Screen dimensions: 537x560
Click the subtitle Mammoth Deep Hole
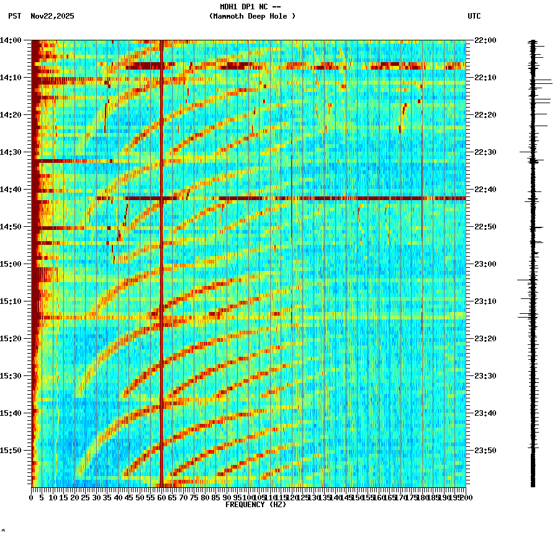(252, 16)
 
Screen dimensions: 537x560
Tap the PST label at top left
(14, 16)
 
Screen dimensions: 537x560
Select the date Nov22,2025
(52, 16)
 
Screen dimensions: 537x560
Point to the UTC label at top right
(474, 16)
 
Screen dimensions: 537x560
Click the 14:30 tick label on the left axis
(12, 152)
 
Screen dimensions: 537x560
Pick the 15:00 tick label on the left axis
(12, 264)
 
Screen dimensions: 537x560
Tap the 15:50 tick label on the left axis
(12, 451)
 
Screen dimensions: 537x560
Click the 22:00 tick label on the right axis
(484, 40)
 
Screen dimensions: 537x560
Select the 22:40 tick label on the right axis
(484, 190)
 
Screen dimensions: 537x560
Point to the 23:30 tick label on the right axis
(484, 376)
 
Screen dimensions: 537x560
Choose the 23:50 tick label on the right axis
(484, 451)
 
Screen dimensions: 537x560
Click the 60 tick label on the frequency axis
(161, 498)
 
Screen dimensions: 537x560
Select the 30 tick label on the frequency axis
(96, 498)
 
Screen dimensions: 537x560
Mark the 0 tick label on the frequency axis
(32, 498)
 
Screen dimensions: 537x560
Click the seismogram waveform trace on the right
(533, 261)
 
